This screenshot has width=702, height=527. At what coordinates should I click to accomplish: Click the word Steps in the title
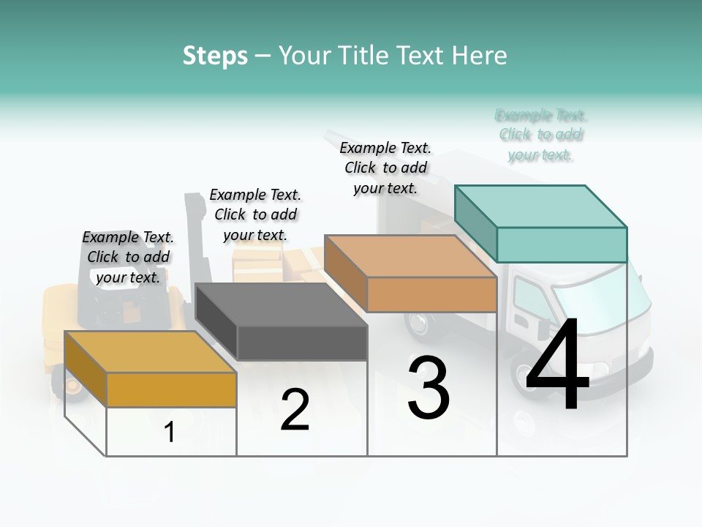pos(215,56)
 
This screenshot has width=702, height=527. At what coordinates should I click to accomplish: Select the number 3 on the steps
pos(429,388)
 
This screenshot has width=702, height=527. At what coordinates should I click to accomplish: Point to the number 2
pos(295,410)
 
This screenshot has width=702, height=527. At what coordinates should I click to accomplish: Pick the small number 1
pos(170,433)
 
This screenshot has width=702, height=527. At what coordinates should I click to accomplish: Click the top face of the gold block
pos(150,352)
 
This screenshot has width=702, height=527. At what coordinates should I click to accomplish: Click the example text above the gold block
pos(128,257)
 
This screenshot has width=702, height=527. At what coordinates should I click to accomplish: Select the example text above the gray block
pos(255,214)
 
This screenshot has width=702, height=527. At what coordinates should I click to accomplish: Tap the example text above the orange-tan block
pos(385,168)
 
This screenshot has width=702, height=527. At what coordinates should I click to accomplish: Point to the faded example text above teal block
pos(541,135)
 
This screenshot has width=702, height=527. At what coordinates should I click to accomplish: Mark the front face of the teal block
pos(562,244)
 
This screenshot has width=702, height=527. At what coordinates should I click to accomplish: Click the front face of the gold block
pos(171,389)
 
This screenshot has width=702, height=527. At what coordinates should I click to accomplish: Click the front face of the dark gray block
pos(302,343)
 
